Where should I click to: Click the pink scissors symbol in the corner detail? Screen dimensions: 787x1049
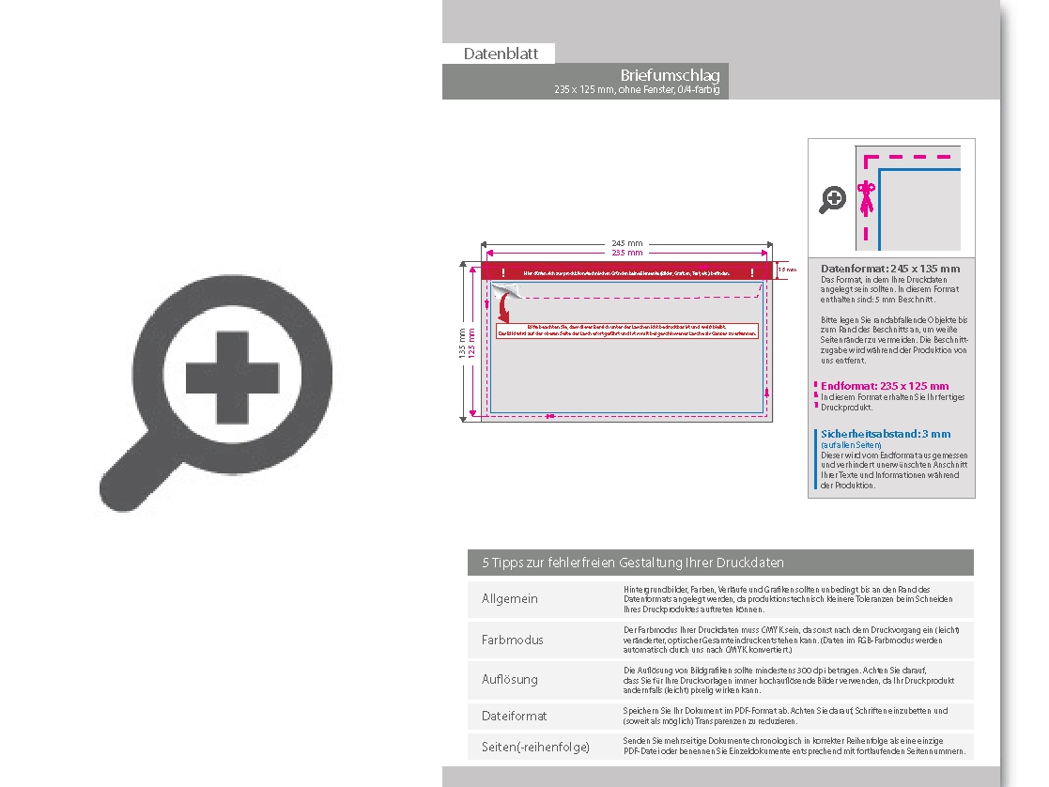pyautogui.click(x=867, y=198)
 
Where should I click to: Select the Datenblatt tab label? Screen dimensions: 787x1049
pyautogui.click(x=501, y=54)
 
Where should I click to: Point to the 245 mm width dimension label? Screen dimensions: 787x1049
pyautogui.click(x=627, y=243)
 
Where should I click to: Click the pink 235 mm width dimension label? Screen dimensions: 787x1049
pyautogui.click(x=627, y=254)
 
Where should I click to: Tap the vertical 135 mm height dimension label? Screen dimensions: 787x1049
pyautogui.click(x=462, y=342)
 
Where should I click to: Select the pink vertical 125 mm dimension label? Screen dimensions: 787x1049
pyautogui.click(x=471, y=342)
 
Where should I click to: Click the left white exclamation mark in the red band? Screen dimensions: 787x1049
pyautogui.click(x=503, y=272)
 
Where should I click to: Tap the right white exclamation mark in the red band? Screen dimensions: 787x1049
pyautogui.click(x=752, y=272)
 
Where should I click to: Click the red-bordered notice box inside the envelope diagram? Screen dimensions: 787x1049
pyautogui.click(x=627, y=330)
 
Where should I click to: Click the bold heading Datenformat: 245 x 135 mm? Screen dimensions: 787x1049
pyautogui.click(x=890, y=269)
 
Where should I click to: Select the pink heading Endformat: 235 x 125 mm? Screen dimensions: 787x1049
pyautogui.click(x=885, y=386)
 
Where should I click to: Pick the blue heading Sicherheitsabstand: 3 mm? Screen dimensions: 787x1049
pyautogui.click(x=886, y=434)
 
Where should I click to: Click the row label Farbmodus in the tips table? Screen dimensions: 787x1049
pyautogui.click(x=513, y=640)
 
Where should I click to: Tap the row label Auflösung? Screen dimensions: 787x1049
pyautogui.click(x=510, y=679)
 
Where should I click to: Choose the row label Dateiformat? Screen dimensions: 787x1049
pyautogui.click(x=514, y=716)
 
